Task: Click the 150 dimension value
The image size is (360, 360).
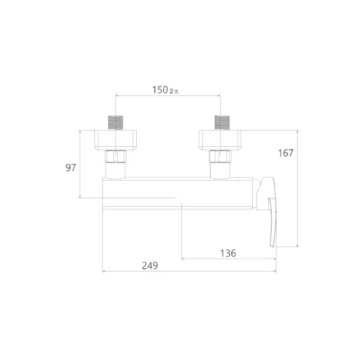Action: [x=160, y=90]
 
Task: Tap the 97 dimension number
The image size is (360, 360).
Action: [x=71, y=168]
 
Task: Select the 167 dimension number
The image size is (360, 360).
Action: [x=286, y=153]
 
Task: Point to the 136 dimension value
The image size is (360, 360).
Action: [x=228, y=253]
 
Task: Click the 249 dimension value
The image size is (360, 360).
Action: [x=150, y=266]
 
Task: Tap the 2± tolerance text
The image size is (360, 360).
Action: [x=174, y=91]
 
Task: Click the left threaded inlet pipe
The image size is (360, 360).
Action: [x=115, y=122]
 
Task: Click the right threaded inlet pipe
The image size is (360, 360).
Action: [x=222, y=122]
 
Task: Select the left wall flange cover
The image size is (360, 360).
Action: [x=115, y=140]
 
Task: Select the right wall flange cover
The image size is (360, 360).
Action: [x=220, y=140]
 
